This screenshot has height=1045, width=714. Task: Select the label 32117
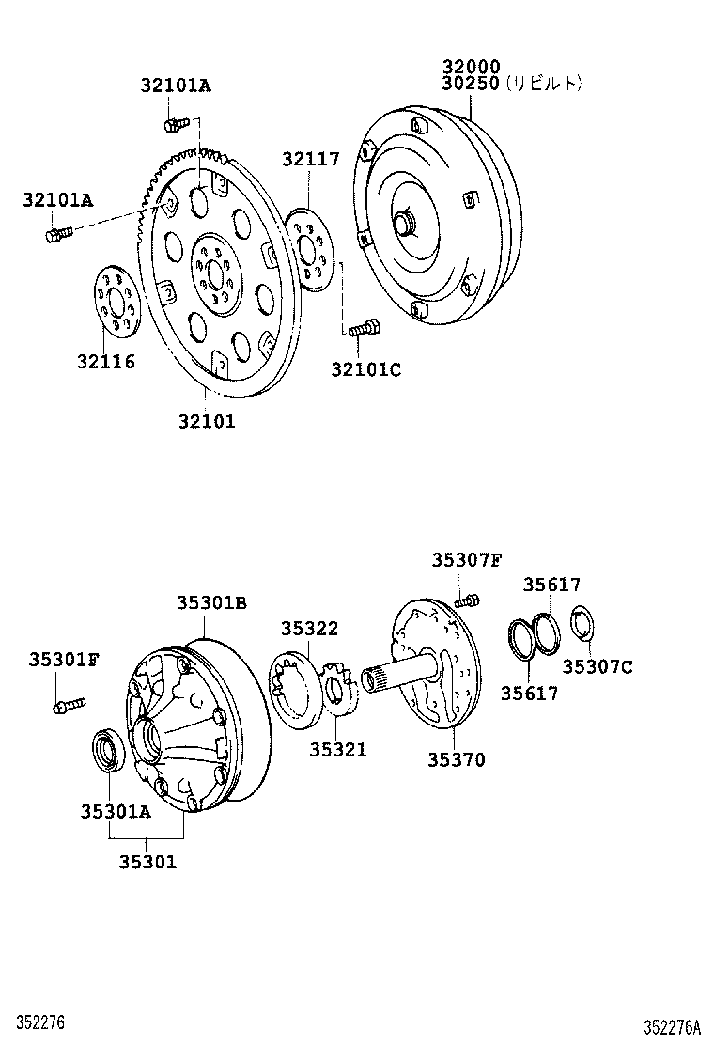click(310, 159)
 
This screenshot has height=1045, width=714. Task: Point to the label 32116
click(106, 362)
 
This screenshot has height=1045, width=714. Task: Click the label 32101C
click(365, 369)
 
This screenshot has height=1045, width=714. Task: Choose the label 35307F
click(467, 560)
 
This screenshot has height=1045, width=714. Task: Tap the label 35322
click(310, 629)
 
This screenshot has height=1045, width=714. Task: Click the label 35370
click(457, 760)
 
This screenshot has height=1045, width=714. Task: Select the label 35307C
click(598, 667)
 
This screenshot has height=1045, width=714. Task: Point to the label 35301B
click(211, 602)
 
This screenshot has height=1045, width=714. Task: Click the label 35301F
click(63, 659)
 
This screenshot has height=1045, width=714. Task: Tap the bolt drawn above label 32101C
click(364, 329)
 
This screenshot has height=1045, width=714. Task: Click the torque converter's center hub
click(405, 225)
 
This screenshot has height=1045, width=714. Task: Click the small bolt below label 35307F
click(467, 600)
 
